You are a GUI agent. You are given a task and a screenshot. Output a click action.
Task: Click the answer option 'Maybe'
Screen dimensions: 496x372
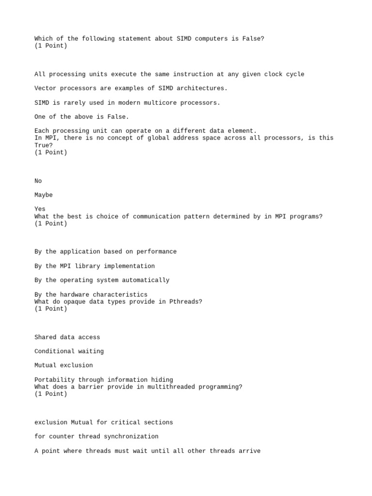pyautogui.click(x=44, y=195)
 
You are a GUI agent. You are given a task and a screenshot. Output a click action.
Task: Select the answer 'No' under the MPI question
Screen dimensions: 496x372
pyautogui.click(x=38, y=181)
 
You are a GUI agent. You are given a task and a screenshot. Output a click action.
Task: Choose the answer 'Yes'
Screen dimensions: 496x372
pyautogui.click(x=40, y=209)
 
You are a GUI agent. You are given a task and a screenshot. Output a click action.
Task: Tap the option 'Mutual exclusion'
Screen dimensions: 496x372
pyautogui.click(x=63, y=365)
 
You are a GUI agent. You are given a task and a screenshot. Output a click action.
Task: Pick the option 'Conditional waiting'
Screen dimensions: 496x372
pyautogui.click(x=69, y=351)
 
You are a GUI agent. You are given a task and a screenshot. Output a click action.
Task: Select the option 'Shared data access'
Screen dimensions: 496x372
pyautogui.click(x=67, y=337)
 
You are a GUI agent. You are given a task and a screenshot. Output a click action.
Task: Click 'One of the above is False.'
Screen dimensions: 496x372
pyautogui.click(x=82, y=117)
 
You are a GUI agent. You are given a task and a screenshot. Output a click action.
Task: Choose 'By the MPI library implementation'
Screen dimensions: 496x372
pyautogui.click(x=94, y=266)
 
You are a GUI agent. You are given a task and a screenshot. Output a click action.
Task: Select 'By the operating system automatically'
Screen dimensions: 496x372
pyautogui.click(x=102, y=280)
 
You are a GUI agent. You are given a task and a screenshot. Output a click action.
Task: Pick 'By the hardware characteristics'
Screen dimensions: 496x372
pyautogui.click(x=91, y=294)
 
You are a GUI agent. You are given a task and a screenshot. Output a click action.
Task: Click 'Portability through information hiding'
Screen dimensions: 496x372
pyautogui.click(x=104, y=380)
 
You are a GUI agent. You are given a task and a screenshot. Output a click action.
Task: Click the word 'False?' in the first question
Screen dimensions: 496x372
pyautogui.click(x=253, y=39)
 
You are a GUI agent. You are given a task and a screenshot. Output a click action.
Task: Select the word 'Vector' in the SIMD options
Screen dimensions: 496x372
pyautogui.click(x=46, y=89)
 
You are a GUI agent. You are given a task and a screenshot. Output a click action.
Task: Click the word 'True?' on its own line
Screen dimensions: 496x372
pyautogui.click(x=44, y=145)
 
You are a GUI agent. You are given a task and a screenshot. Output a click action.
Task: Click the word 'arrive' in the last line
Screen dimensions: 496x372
pyautogui.click(x=249, y=451)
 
